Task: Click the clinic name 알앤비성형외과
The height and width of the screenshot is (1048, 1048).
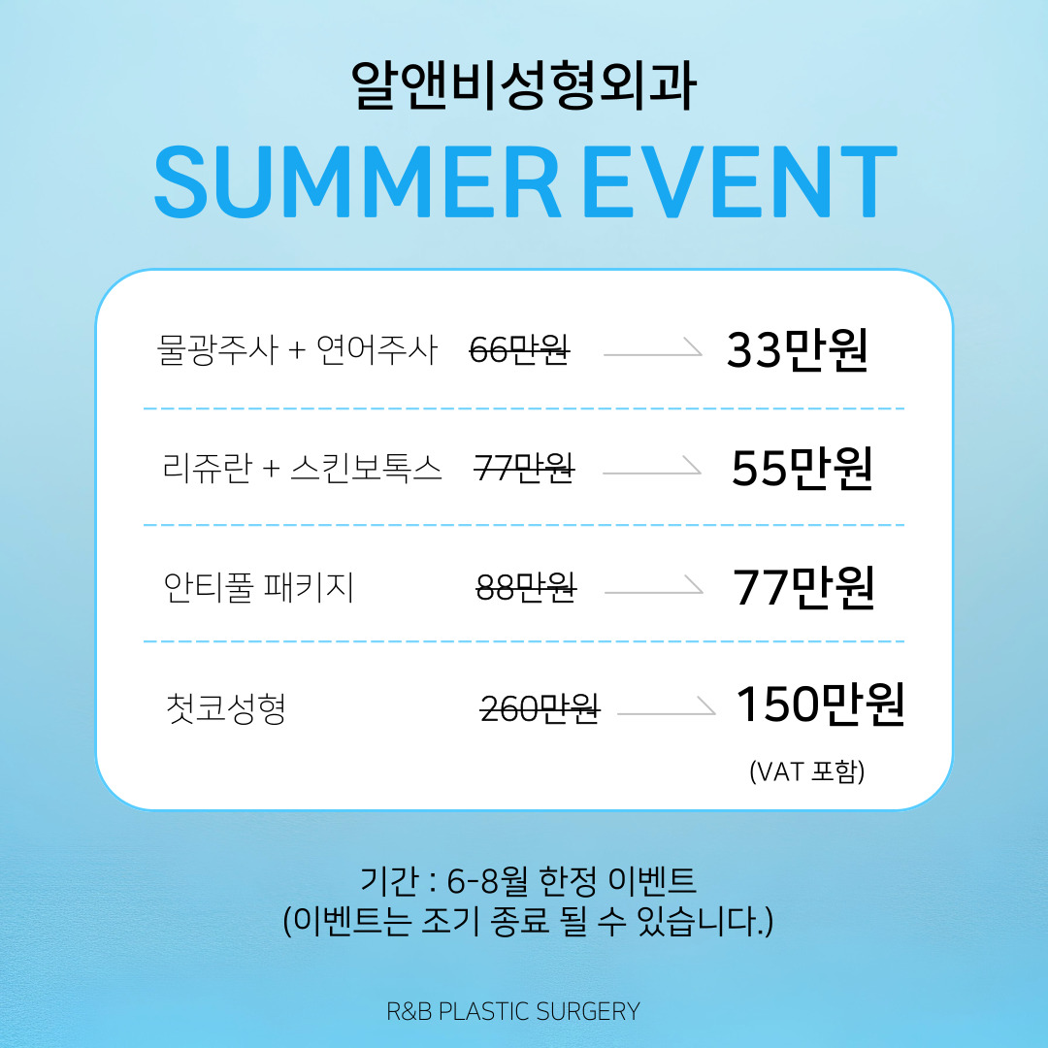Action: (x=524, y=85)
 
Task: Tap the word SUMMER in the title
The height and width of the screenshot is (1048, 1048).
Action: (x=357, y=181)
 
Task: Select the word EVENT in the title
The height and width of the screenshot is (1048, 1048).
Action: (x=739, y=181)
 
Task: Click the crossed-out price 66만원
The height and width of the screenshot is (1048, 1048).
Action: (x=519, y=349)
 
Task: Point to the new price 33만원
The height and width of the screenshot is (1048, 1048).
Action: (x=798, y=349)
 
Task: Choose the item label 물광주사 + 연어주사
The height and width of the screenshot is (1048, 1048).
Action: (x=297, y=349)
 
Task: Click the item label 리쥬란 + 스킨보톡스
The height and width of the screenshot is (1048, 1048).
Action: (x=302, y=467)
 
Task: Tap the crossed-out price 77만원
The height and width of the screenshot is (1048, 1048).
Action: (x=524, y=467)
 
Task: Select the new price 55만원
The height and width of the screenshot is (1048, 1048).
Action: (x=802, y=468)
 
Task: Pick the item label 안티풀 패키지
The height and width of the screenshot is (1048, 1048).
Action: (x=259, y=587)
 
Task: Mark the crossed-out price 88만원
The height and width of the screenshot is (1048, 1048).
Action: (x=526, y=587)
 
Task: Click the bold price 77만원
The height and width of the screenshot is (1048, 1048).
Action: (x=804, y=587)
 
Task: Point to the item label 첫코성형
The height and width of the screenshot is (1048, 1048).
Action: (x=226, y=707)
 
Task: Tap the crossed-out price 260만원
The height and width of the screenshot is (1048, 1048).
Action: (x=540, y=708)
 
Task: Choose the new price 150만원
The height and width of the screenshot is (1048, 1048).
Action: (x=821, y=704)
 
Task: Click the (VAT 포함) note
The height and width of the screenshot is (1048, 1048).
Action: (x=807, y=771)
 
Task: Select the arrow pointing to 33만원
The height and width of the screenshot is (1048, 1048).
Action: (x=653, y=350)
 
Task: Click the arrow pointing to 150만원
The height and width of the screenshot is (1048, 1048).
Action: (x=667, y=709)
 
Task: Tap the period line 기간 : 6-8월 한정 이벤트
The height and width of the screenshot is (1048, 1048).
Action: (x=528, y=880)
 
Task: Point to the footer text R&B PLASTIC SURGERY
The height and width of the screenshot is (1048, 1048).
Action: (x=513, y=1011)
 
